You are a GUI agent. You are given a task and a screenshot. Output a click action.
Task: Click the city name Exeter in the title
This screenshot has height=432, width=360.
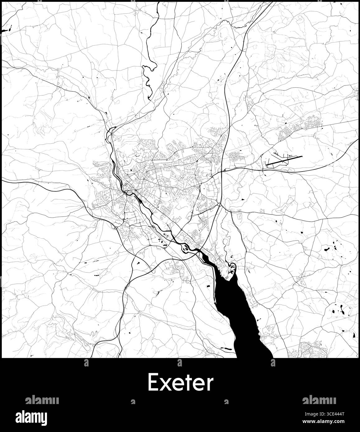(x=180, y=383)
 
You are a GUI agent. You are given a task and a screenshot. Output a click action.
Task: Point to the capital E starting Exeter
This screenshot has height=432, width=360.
(x=152, y=383)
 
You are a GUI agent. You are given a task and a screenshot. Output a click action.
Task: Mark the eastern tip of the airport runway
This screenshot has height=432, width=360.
(x=301, y=157)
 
